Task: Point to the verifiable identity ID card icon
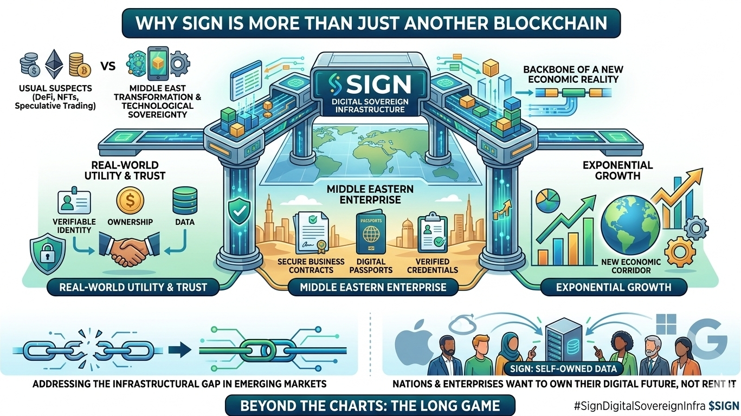coord(74,203)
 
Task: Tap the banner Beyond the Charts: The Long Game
coord(370,405)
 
